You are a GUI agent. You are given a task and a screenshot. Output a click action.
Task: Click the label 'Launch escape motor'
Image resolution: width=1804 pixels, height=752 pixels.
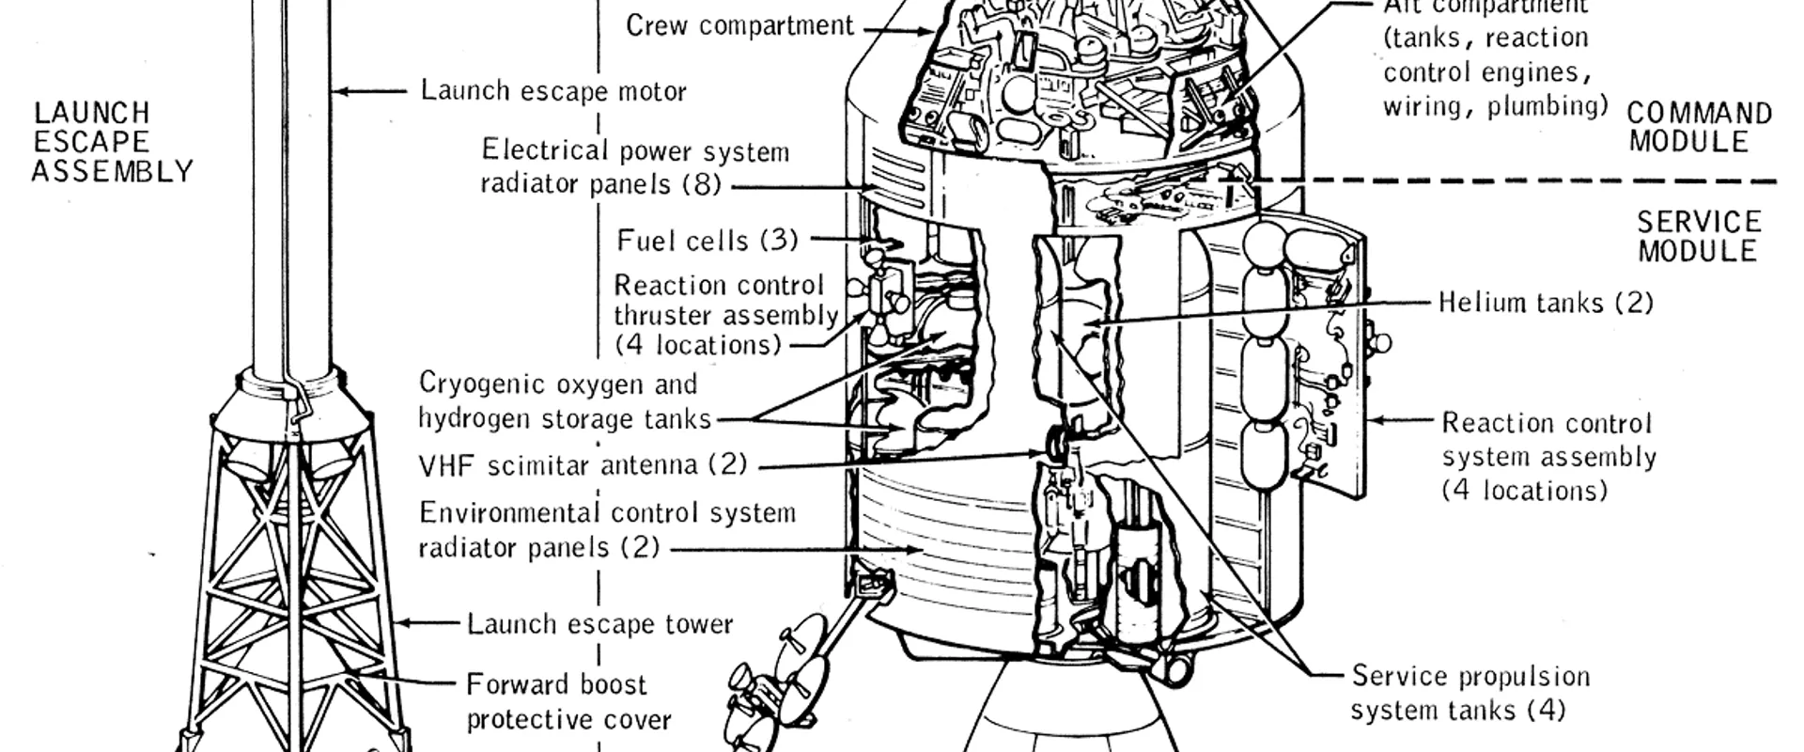[x=553, y=91]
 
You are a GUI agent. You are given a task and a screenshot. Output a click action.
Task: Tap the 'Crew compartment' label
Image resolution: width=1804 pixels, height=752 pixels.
[x=739, y=25]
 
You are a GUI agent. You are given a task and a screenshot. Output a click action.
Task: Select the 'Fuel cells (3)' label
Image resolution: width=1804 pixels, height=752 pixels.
[x=707, y=241]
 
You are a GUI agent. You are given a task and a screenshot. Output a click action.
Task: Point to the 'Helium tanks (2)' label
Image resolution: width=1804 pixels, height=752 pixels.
[x=1546, y=303]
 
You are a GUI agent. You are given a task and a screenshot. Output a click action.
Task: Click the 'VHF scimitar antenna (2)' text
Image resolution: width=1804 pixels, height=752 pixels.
[x=583, y=464]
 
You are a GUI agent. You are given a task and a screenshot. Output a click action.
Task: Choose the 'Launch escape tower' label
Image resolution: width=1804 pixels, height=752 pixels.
[x=599, y=624]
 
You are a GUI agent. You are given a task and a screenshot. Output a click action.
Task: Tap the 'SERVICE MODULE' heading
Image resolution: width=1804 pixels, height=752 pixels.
[x=1699, y=236]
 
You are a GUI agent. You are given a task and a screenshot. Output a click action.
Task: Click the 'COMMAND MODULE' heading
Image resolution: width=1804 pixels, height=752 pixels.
[x=1699, y=127]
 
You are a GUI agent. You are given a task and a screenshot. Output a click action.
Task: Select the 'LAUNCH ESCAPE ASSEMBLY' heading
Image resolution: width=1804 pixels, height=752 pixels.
[x=111, y=142]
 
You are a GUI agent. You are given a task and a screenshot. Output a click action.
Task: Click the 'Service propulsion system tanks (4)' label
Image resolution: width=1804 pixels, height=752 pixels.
[x=1470, y=693]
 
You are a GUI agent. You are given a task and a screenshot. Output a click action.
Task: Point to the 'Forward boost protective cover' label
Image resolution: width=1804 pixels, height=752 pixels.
[x=568, y=702]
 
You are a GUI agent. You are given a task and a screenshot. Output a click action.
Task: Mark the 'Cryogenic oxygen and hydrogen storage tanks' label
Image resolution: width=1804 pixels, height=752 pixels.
[x=564, y=400]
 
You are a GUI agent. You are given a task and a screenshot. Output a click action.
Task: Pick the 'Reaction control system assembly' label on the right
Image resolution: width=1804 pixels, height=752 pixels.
[x=1548, y=457]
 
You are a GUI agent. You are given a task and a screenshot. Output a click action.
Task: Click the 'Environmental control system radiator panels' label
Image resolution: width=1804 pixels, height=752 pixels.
[x=606, y=530]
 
